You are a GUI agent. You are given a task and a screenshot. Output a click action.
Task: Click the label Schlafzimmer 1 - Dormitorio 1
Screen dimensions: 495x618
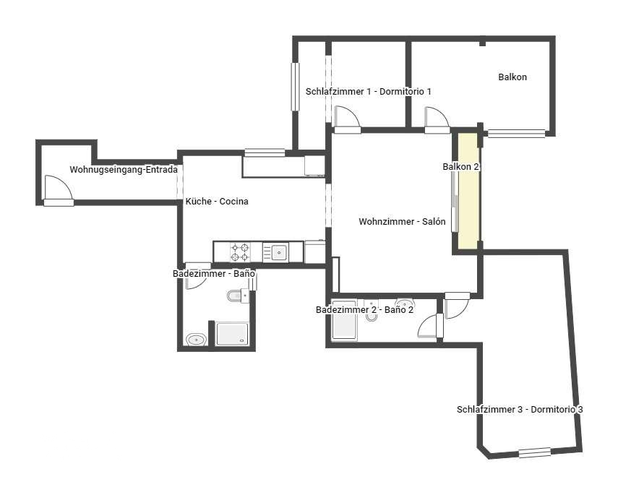(x=369, y=92)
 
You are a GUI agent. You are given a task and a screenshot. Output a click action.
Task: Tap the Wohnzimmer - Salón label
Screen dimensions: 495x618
(x=402, y=222)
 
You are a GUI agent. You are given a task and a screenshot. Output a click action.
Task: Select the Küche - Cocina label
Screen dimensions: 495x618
(x=217, y=202)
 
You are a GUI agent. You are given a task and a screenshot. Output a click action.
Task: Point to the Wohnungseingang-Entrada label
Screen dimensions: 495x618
(x=124, y=170)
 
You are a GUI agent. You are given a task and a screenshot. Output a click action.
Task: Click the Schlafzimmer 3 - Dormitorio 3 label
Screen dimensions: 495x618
(x=520, y=409)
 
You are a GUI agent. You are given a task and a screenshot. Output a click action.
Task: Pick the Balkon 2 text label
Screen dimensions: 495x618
(x=461, y=167)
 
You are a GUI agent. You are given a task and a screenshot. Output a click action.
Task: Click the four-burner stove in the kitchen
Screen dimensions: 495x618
(x=240, y=252)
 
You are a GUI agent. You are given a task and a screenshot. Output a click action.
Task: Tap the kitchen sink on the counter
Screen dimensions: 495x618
(x=278, y=252)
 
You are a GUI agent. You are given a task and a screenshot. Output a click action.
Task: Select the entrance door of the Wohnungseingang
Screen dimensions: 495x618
(x=58, y=191)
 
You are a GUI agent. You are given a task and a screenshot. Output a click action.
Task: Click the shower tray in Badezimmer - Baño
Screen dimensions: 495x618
(x=233, y=334)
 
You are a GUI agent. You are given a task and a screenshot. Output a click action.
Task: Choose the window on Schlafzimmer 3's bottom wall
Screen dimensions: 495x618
(x=535, y=452)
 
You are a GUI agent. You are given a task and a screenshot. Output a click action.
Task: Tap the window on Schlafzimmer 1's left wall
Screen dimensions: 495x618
(x=295, y=86)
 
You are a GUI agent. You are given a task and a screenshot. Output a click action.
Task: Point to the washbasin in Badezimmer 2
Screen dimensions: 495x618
(x=405, y=304)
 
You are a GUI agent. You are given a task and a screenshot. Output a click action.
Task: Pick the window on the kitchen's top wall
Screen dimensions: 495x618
(x=264, y=152)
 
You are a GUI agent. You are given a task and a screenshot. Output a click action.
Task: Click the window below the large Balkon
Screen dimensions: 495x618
(x=516, y=133)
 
